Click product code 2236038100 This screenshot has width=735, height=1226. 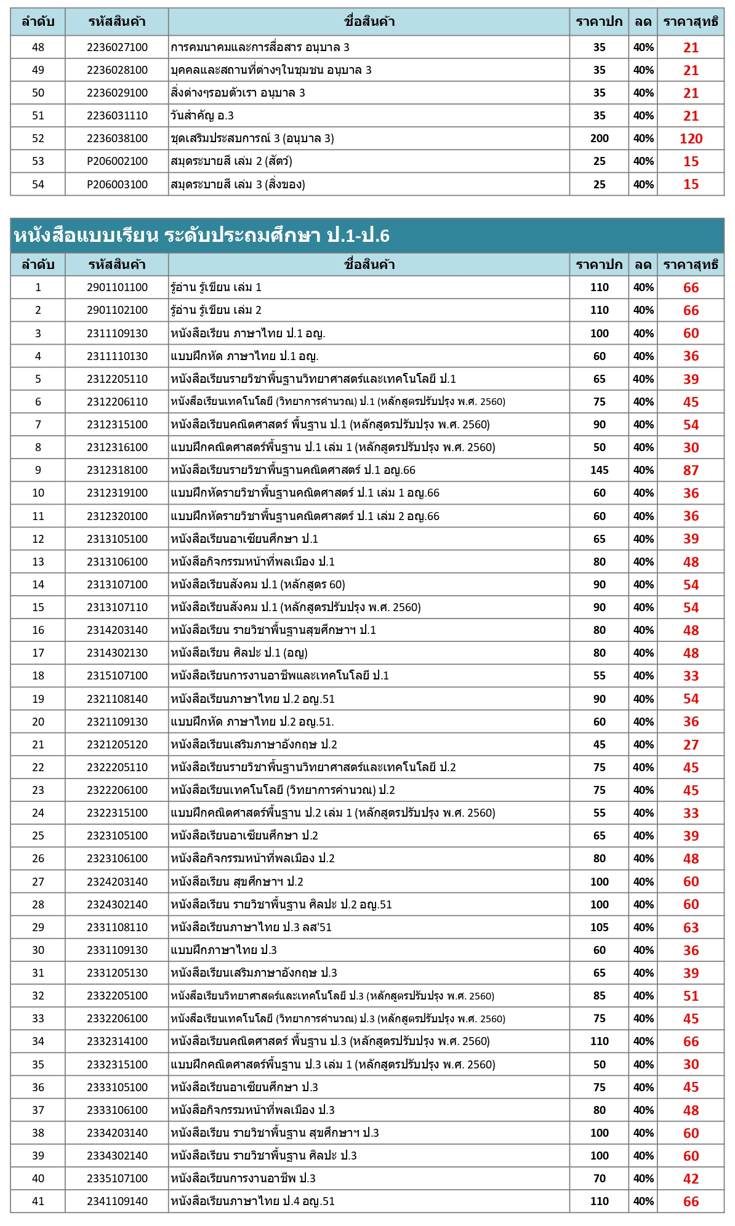pos(117,138)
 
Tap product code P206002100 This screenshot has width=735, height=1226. pos(117,161)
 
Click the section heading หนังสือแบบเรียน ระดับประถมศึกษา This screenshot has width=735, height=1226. pos(201,235)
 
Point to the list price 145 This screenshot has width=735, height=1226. pos(599,470)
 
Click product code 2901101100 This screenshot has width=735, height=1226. pos(117,287)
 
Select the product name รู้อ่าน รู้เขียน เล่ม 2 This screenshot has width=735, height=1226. pos(216,310)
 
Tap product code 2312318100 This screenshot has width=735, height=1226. pos(117,470)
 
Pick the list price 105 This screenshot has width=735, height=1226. pos(599,928)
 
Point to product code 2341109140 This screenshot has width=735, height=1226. pos(117,1201)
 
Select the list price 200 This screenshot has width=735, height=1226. pos(599,138)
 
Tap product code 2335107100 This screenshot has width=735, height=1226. pos(117,1179)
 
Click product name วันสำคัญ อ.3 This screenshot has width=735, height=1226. pos(202,116)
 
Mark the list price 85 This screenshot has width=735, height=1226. pos(599,996)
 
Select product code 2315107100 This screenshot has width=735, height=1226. pos(117,676)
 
